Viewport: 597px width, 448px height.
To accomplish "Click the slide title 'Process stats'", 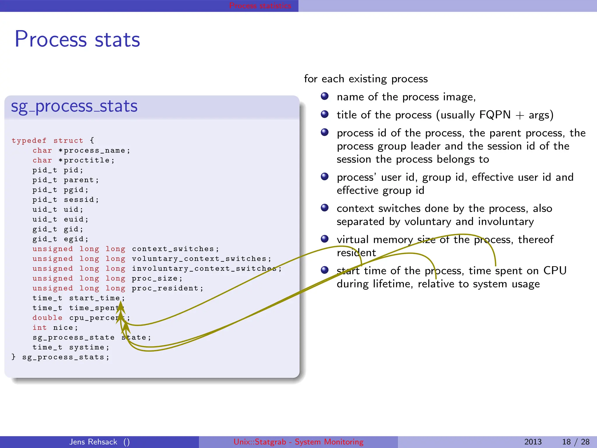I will [x=77, y=39].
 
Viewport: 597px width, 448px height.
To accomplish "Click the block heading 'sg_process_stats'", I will [x=74, y=106].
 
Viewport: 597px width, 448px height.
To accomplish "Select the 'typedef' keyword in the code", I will [x=29, y=141].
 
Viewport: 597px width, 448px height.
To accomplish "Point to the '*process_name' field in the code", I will [x=94, y=150].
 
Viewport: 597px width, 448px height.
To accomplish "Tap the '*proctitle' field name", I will [x=86, y=160].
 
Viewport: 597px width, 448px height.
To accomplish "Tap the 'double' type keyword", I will [x=47, y=318].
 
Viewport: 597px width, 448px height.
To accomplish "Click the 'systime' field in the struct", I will [x=87, y=347].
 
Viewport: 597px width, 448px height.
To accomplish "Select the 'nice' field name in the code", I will [x=63, y=328].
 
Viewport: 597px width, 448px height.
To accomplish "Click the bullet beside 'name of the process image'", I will [x=324, y=96].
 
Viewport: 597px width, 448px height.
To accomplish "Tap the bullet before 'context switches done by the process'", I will [x=324, y=208].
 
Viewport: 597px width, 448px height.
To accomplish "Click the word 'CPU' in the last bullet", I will [x=555, y=271].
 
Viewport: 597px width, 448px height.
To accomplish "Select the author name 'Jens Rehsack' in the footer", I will [x=93, y=442].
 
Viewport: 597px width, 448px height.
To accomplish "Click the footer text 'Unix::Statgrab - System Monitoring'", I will [x=298, y=442].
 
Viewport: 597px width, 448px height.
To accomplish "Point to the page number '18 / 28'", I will [x=575, y=442].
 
